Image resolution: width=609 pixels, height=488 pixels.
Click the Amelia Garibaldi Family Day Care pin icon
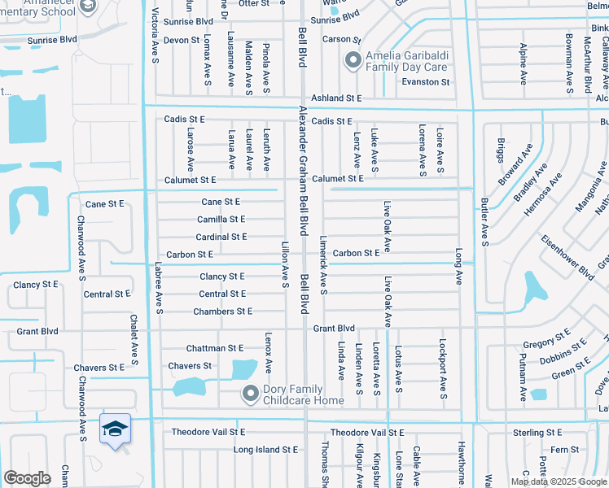(x=353, y=60)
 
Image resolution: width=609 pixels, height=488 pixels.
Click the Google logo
(x=27, y=478)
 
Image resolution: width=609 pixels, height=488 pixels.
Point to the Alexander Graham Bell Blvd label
(x=303, y=170)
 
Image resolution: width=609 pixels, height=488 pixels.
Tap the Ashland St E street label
(x=336, y=98)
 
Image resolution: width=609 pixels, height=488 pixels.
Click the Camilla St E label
(x=221, y=220)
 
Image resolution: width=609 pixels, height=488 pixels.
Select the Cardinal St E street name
(x=221, y=237)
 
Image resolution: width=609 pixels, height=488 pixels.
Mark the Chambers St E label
(x=222, y=312)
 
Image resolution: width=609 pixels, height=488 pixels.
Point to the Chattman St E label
(x=215, y=348)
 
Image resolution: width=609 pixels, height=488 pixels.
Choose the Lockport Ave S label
(x=443, y=370)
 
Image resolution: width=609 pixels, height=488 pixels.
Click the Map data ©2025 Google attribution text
(x=558, y=481)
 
